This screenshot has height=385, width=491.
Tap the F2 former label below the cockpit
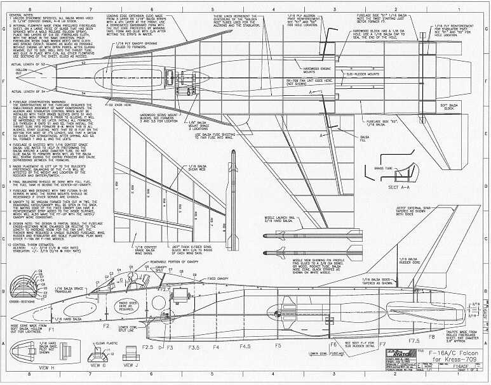coord(107,325)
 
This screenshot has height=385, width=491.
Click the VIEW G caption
coord(98,366)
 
